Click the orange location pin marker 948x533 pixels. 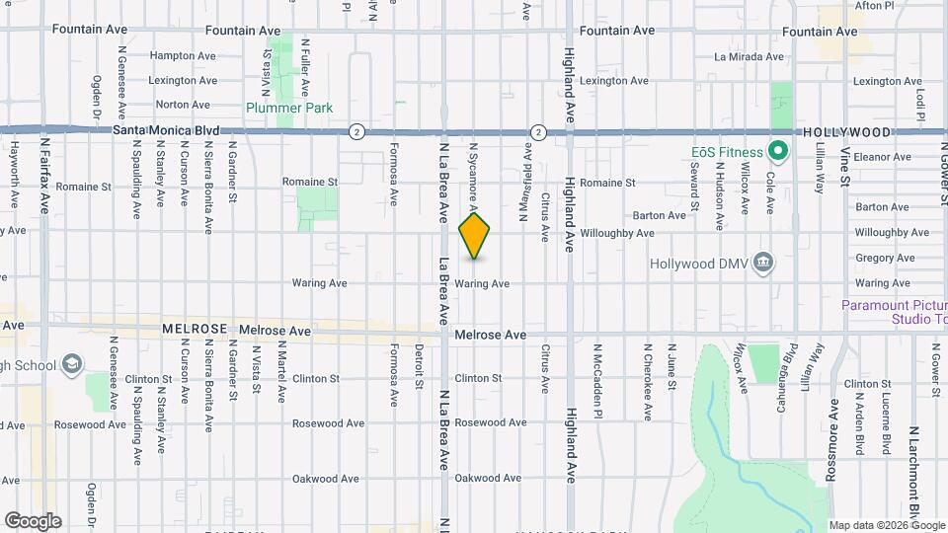pyautogui.click(x=475, y=235)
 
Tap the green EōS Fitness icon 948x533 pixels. pyautogui.click(x=776, y=152)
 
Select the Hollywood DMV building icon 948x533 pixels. pyautogui.click(x=762, y=263)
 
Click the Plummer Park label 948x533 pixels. pyautogui.click(x=289, y=108)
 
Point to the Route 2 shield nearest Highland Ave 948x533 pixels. pyautogui.click(x=538, y=131)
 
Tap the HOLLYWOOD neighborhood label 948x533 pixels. pyautogui.click(x=846, y=131)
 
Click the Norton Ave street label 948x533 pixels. pyautogui.click(x=183, y=104)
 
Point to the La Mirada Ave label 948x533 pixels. pyautogui.click(x=749, y=57)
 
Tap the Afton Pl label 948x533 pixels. pyautogui.click(x=874, y=6)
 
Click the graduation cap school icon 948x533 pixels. pyautogui.click(x=71, y=365)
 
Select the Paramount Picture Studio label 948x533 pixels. pyautogui.click(x=893, y=311)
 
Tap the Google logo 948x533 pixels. pyautogui.click(x=33, y=520)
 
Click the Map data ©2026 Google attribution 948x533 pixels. pyautogui.click(x=886, y=525)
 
